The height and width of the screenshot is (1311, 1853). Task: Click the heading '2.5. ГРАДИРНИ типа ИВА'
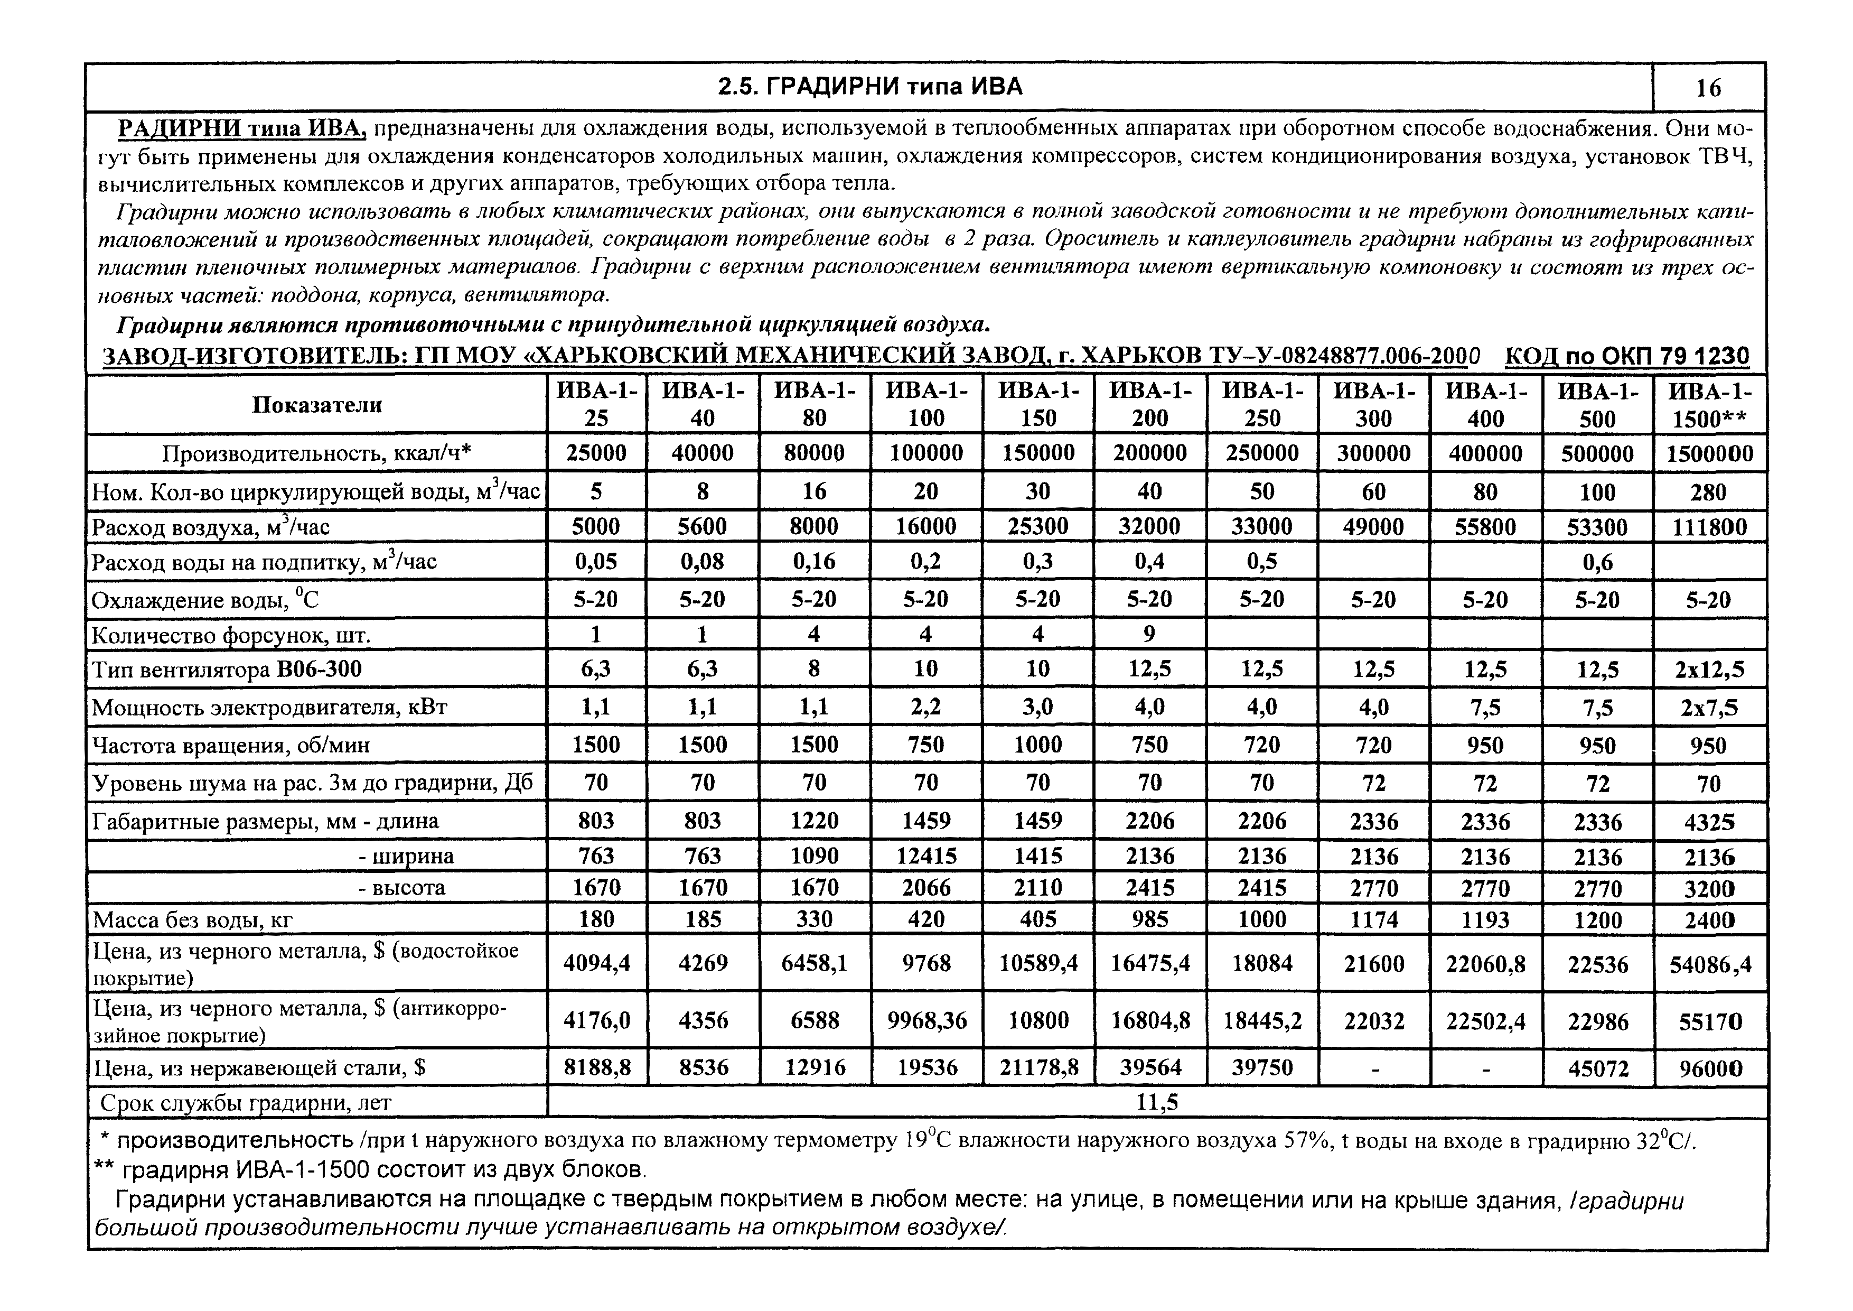point(870,86)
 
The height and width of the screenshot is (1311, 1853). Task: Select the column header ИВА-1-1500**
point(1709,404)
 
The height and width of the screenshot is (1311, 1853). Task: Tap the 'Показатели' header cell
point(316,404)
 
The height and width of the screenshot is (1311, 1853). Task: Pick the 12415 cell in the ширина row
point(925,856)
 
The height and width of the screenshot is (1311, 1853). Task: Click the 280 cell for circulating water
point(1709,491)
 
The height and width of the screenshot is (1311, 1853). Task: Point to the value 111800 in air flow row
point(1709,527)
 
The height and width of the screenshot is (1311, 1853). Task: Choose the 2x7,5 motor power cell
point(1709,708)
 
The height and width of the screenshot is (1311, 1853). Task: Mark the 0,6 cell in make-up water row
point(1597,562)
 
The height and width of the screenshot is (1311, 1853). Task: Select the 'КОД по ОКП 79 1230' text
point(1627,356)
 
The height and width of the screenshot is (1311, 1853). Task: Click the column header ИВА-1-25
point(596,404)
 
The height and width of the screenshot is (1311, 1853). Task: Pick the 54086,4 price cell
point(1709,964)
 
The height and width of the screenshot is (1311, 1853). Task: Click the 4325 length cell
point(1709,822)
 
